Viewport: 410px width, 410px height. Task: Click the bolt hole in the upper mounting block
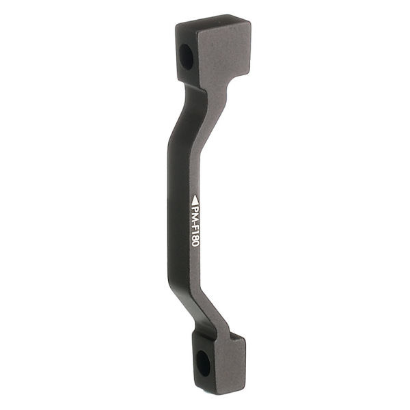coord(187,55)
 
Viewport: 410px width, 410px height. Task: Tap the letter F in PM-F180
coord(195,231)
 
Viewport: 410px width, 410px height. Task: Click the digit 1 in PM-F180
coord(195,238)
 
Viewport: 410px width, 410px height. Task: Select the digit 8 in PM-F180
coord(195,245)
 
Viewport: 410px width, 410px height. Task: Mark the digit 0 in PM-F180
coord(195,253)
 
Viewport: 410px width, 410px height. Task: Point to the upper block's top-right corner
coord(250,21)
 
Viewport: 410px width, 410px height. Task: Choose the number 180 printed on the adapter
coord(195,245)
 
